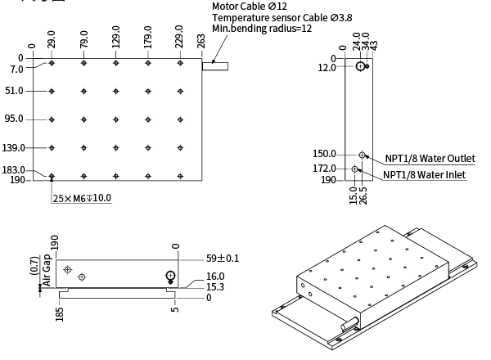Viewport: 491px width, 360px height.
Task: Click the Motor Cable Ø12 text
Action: (250, 7)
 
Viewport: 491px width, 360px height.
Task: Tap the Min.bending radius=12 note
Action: (262, 29)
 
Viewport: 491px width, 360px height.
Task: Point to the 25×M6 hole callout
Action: (82, 198)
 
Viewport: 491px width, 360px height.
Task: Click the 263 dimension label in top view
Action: (202, 43)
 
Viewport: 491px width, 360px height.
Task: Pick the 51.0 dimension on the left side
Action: (14, 91)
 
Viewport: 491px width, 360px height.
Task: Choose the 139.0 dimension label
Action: (14, 148)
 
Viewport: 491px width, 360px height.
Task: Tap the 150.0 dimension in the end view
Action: (325, 154)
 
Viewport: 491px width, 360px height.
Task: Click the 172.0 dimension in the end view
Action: (325, 169)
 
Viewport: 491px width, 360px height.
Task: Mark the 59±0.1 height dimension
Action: (223, 259)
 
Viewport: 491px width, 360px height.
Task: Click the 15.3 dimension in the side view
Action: (214, 288)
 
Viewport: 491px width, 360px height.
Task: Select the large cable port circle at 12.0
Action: (361, 67)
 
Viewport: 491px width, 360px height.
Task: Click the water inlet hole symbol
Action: (354, 169)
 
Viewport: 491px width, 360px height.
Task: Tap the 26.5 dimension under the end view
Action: (363, 196)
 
